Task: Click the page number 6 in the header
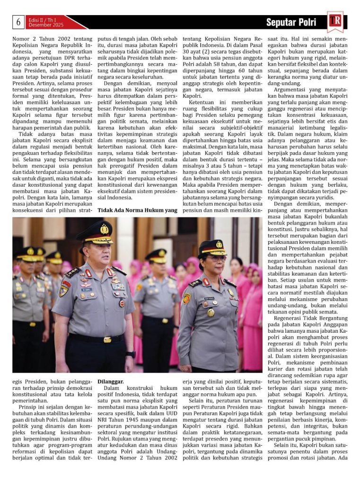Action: (18, 22)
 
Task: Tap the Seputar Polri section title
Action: (291, 22)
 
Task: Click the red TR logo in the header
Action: (335, 21)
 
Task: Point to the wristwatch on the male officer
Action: (131, 354)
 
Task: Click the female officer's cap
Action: (213, 247)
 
